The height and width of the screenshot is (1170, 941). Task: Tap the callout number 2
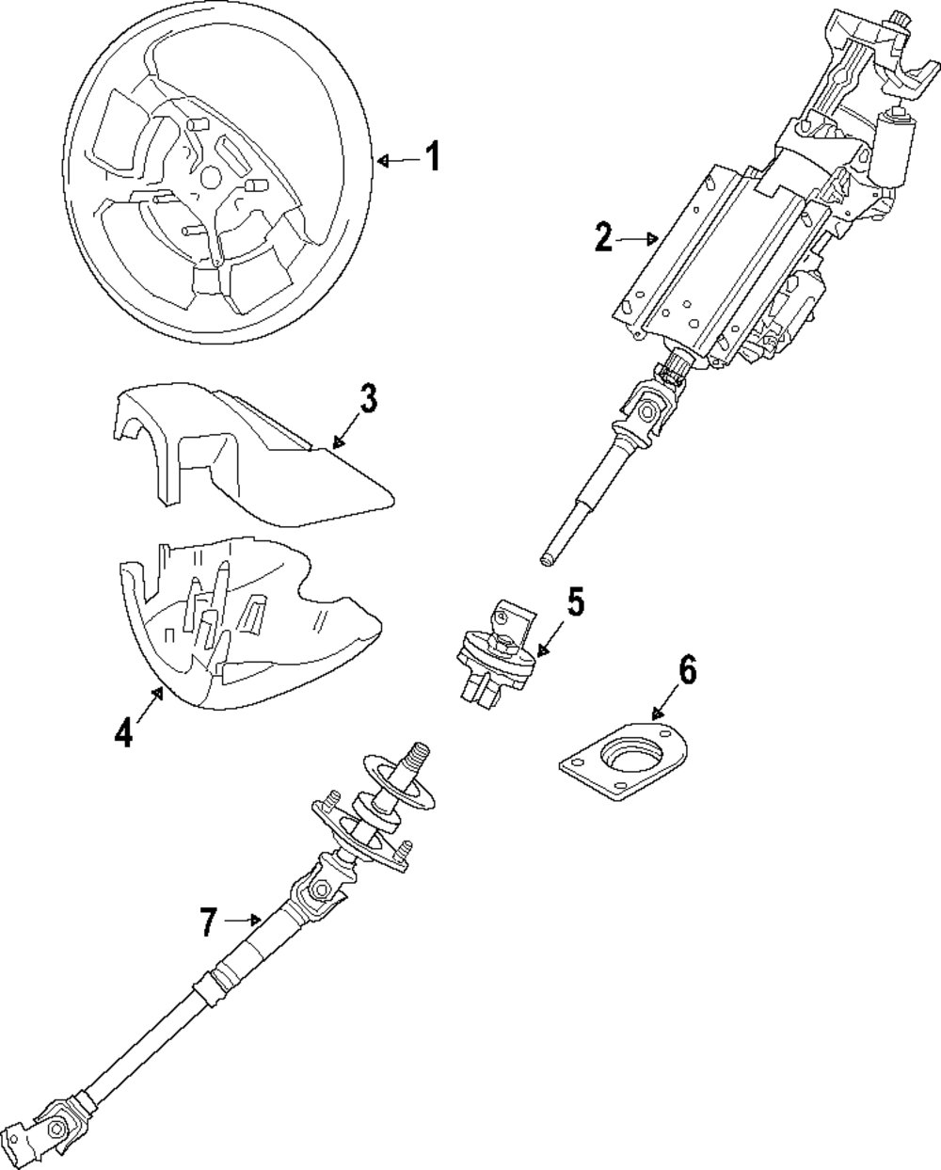click(604, 237)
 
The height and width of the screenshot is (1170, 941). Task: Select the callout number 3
click(368, 399)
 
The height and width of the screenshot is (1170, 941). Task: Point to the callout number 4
click(123, 731)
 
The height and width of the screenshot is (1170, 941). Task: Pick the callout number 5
click(575, 602)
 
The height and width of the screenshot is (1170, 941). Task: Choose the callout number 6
click(686, 671)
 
